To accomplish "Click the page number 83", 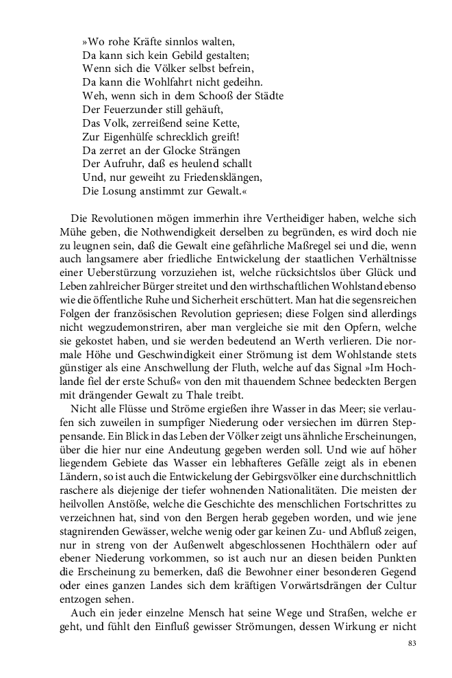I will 412,642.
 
